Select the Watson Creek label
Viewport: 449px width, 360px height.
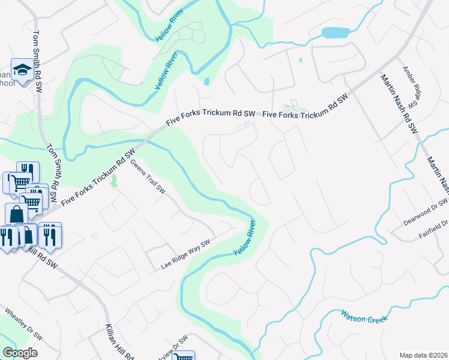tap(365, 316)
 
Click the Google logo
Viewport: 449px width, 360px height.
tap(20, 352)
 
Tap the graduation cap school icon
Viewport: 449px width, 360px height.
tap(22, 71)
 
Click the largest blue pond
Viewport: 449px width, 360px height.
tap(336, 32)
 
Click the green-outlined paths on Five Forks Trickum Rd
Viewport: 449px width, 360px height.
tap(293, 106)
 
